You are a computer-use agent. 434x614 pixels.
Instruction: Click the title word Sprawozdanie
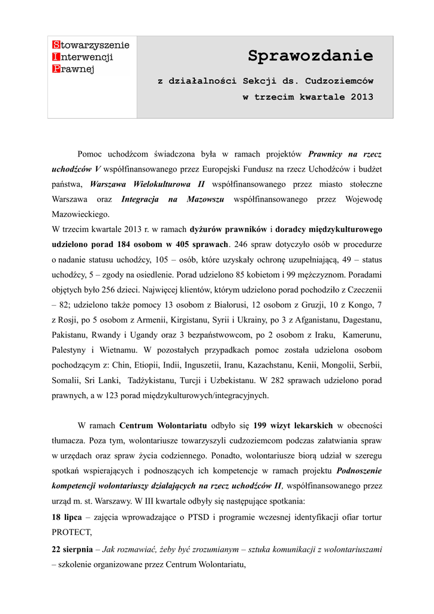click(310, 57)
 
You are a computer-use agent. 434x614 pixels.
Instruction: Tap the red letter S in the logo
click(56, 45)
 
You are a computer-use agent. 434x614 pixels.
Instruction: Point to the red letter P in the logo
click(56, 68)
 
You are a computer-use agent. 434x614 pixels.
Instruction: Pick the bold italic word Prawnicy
click(328, 154)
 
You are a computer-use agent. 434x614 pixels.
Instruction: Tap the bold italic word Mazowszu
click(205, 198)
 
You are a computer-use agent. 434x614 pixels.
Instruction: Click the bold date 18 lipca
click(67, 517)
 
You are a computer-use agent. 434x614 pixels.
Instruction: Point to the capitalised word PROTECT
click(71, 532)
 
